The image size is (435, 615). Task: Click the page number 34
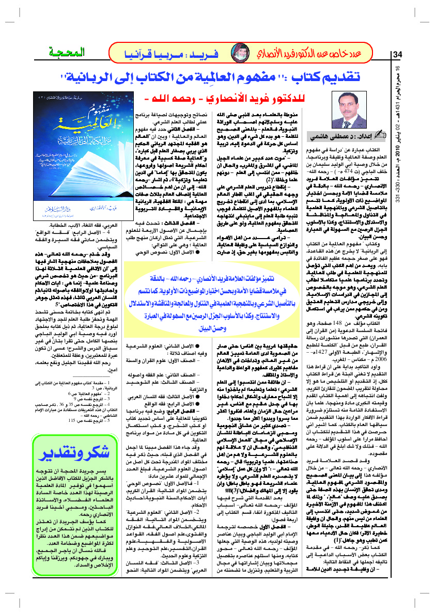click(x=398, y=55)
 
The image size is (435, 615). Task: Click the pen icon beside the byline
click(x=381, y=136)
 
